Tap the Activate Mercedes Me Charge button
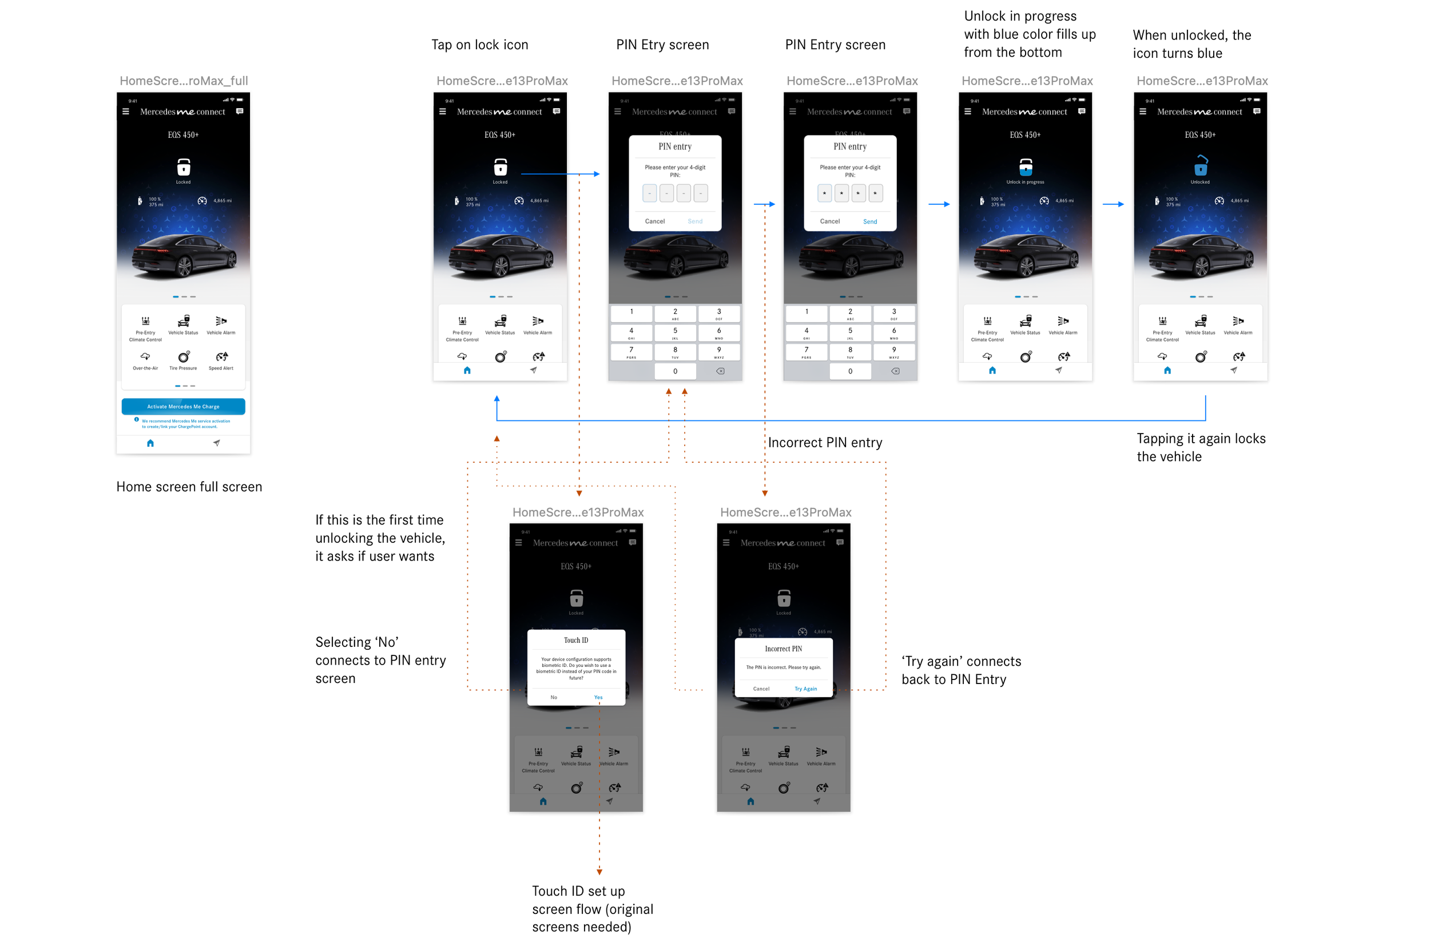183,407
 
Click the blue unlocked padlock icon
1200,166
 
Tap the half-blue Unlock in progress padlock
1025,166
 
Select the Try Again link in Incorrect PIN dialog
805,689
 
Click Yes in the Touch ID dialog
598,697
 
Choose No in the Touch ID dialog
553,697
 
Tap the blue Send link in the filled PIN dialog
869,222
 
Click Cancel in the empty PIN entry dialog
654,222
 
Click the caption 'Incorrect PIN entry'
824,443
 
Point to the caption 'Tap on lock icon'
479,45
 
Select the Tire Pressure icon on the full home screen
183,358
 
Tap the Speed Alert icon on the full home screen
221,358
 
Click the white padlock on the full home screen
183,166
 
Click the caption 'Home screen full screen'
189,487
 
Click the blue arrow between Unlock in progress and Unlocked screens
1113,204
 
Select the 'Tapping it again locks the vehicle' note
1201,448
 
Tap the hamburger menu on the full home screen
126,112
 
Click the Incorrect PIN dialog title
783,649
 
